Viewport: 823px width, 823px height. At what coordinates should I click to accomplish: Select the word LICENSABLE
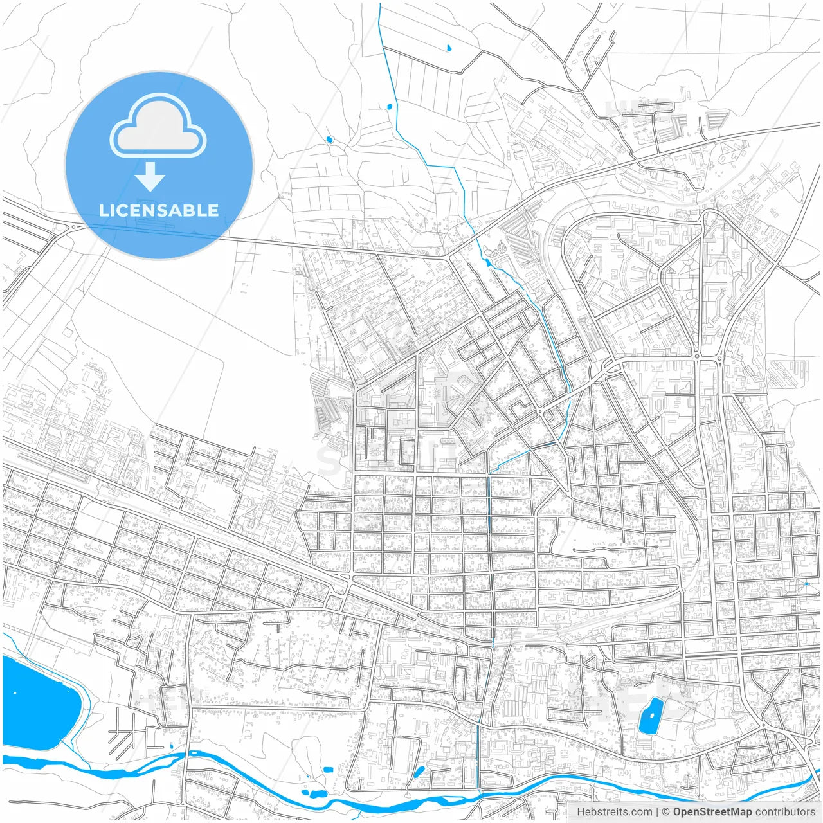tap(159, 210)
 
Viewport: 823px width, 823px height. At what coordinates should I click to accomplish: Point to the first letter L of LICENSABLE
tap(103, 210)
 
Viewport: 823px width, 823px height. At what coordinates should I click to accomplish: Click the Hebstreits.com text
tap(614, 812)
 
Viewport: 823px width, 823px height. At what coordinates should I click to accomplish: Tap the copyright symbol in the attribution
tap(666, 812)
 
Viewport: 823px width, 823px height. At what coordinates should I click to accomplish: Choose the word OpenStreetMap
tap(712, 812)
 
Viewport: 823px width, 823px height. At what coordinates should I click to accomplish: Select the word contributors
tap(785, 812)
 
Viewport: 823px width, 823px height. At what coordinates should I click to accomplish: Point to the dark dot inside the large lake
tap(15, 693)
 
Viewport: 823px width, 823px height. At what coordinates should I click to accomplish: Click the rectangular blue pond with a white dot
tap(651, 715)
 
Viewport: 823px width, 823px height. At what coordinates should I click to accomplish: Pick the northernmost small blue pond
tap(448, 47)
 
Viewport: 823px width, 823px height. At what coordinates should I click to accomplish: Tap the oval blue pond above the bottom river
tap(419, 771)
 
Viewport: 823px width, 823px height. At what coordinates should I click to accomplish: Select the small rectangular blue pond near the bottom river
tap(328, 770)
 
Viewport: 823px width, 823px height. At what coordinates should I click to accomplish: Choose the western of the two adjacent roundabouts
tap(696, 356)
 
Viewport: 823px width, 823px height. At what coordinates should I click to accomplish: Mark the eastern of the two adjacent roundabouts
tap(719, 356)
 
